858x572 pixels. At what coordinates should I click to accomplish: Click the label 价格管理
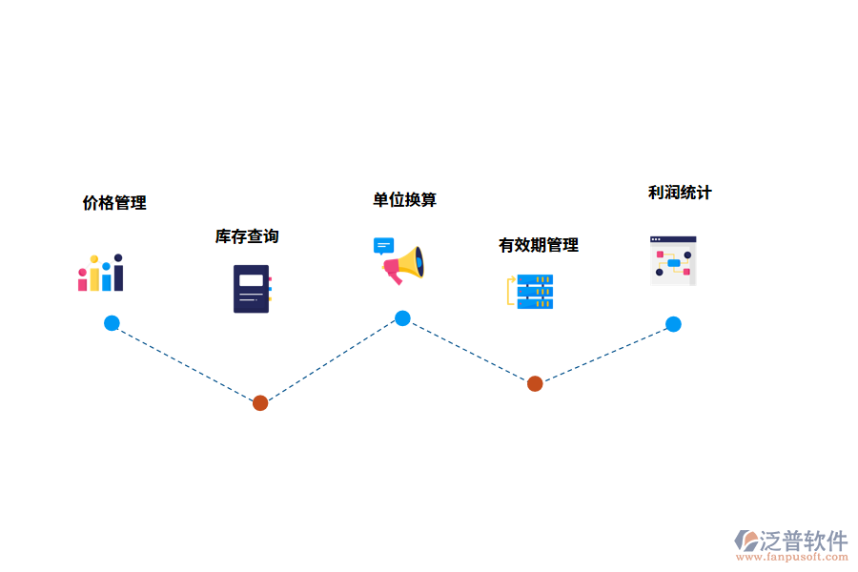[114, 203]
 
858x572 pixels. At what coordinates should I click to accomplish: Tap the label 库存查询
[247, 236]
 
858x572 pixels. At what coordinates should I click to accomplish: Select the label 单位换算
[404, 199]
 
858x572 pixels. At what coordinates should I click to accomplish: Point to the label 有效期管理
[539, 245]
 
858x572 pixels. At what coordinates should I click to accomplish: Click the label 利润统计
[680, 193]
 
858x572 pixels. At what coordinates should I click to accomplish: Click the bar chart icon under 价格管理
[101, 273]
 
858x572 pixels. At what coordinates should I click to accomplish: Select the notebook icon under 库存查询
[252, 289]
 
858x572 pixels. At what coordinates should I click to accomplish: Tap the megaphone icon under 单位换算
[400, 260]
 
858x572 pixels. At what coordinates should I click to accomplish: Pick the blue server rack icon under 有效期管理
[531, 291]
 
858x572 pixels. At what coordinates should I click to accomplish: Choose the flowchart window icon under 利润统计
[673, 260]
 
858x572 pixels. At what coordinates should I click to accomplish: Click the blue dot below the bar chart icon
[112, 323]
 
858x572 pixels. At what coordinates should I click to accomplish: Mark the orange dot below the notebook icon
[260, 403]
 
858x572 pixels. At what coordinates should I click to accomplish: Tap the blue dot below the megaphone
[402, 318]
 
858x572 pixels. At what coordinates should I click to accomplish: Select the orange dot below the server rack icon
[535, 383]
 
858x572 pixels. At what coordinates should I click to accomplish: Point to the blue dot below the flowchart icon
[673, 324]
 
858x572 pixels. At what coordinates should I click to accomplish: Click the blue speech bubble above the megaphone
[383, 246]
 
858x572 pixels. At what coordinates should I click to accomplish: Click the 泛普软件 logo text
[804, 541]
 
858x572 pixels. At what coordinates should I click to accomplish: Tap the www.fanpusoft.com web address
[795, 558]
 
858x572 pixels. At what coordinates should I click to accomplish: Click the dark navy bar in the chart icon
[118, 275]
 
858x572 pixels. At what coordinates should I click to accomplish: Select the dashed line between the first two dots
[186, 363]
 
